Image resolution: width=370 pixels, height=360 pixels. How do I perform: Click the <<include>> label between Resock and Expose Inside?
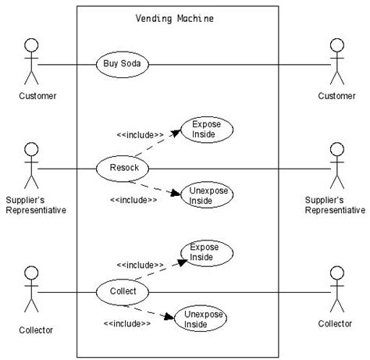[x=141, y=134]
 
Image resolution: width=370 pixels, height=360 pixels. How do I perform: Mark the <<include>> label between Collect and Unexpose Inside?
[x=127, y=323]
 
